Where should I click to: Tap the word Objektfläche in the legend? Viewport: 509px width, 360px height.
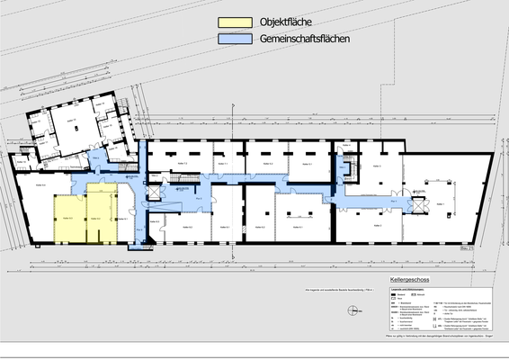click(285, 22)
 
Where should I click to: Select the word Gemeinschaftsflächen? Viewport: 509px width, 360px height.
click(304, 40)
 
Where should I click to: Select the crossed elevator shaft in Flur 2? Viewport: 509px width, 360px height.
click(153, 193)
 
